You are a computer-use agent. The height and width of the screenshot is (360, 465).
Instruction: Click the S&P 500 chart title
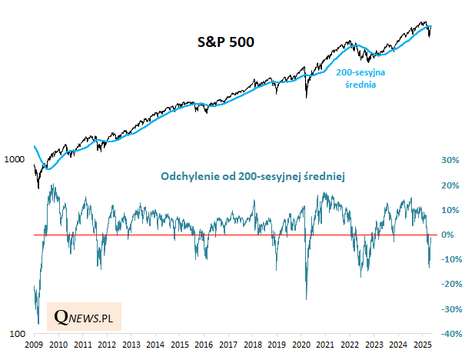point(221,43)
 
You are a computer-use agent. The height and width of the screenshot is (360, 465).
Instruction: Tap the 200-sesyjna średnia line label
point(360,78)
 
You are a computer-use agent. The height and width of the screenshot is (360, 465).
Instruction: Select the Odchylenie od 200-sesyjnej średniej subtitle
point(254,177)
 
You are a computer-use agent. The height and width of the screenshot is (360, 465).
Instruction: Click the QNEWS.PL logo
point(84,315)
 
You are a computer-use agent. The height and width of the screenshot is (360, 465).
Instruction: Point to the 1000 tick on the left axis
point(15,160)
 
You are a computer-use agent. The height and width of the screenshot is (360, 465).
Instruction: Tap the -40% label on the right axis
point(449,335)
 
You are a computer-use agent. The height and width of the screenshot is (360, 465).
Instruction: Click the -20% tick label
point(449,285)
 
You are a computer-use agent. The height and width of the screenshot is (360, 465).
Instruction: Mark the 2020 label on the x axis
point(301,346)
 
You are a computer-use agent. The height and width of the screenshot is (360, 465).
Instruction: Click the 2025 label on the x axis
point(421,346)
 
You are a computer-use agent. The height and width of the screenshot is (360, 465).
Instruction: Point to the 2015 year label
point(180,346)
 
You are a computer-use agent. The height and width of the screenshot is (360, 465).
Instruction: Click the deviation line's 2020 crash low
point(307,299)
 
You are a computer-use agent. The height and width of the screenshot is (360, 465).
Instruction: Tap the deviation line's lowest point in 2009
point(38,325)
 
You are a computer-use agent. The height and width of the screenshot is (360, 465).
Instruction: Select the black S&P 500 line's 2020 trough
point(307,97)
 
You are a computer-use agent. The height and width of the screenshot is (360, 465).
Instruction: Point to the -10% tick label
point(449,260)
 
